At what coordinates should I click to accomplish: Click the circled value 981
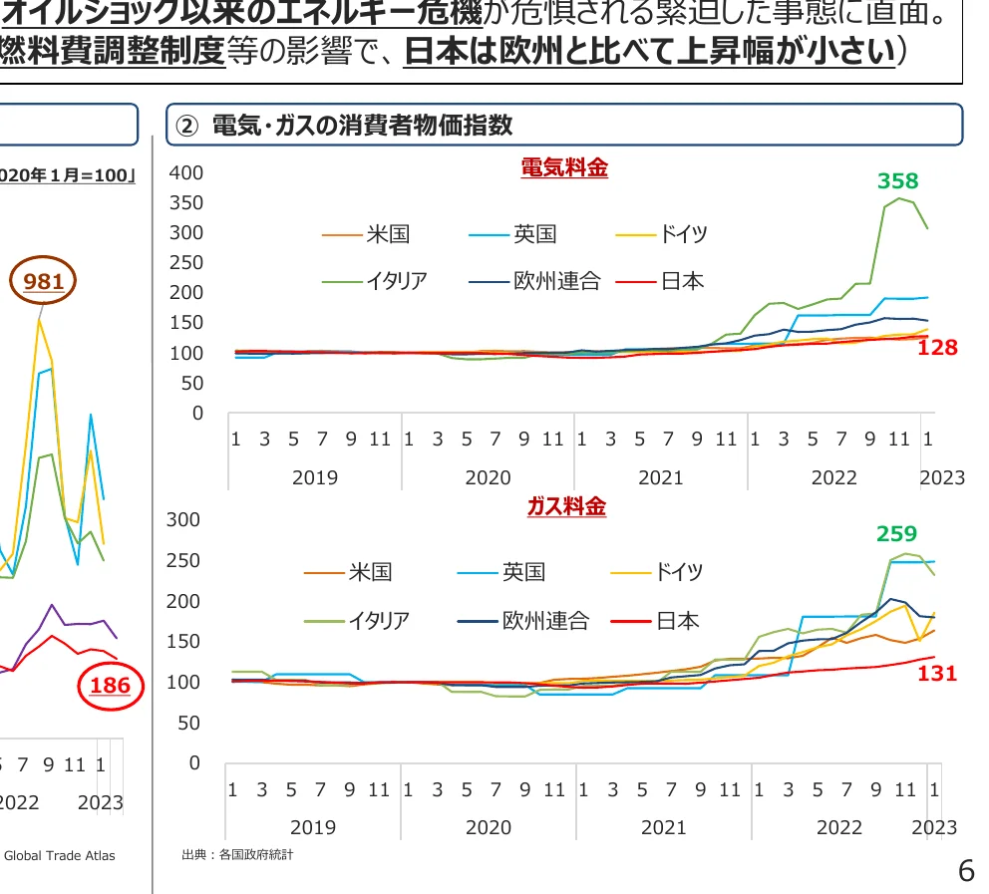click(44, 282)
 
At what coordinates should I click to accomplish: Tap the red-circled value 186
click(110, 685)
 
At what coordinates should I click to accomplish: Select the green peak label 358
click(897, 180)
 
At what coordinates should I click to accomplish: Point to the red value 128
click(937, 348)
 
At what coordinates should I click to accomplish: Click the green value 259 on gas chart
click(896, 533)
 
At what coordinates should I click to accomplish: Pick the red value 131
click(937, 674)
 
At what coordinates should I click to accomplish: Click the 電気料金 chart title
click(564, 167)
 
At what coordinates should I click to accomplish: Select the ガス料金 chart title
click(566, 506)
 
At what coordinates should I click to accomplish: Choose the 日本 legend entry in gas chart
click(678, 621)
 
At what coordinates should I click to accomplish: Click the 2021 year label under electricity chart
click(661, 477)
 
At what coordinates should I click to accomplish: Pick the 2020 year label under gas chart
click(488, 827)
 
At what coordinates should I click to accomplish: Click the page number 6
click(965, 871)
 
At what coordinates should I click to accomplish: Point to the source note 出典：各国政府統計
click(238, 855)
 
